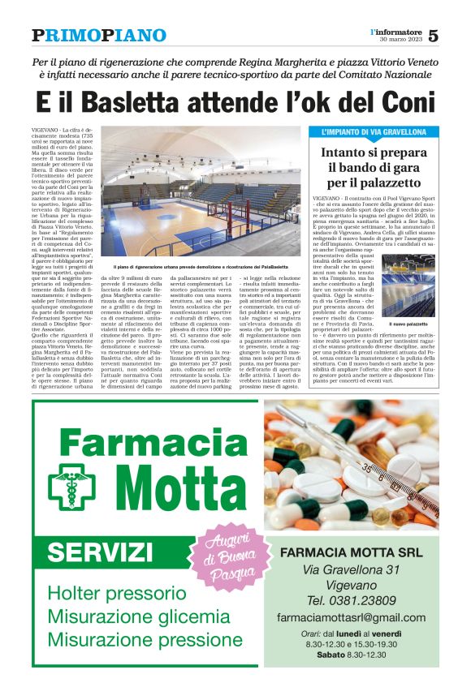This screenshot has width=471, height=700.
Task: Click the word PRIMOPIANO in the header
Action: [99, 36]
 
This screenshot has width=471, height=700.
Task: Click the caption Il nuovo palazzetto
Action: [408, 324]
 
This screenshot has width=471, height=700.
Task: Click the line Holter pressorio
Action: [111, 593]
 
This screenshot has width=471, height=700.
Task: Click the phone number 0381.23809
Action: [363, 600]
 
